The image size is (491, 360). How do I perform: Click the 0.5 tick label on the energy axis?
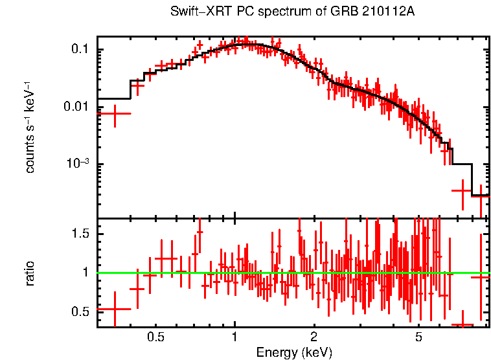155,337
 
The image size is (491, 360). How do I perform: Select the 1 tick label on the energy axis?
234,337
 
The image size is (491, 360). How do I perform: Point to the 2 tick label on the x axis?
314,337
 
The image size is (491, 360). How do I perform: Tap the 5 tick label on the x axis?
418,337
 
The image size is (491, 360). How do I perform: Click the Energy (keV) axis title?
294,352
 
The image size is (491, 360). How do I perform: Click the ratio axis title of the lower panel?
30,273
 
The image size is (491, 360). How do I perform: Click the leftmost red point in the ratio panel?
115,309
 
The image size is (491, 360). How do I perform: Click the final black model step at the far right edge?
479,195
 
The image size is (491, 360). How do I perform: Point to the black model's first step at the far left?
114,98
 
